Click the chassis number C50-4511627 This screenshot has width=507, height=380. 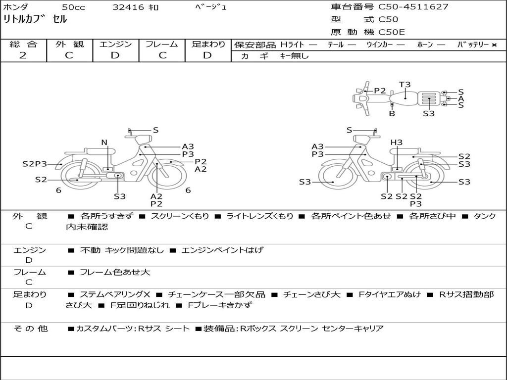[413, 7]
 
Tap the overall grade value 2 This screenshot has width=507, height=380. [23, 55]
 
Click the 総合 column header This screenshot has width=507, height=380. [23, 44]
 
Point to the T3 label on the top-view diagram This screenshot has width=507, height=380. [405, 85]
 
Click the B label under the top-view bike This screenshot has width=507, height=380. [392, 113]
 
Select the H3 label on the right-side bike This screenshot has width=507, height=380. [397, 142]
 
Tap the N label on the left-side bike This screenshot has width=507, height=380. [104, 142]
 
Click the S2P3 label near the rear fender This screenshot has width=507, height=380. [35, 164]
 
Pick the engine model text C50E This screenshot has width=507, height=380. [391, 32]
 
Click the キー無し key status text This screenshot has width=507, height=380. [294, 56]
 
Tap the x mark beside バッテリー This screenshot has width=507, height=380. [494, 45]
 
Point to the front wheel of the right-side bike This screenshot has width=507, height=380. [335, 176]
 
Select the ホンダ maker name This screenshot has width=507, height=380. [15, 7]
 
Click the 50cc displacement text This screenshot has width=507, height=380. [73, 7]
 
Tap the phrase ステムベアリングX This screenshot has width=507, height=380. [115, 294]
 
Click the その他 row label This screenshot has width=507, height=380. [31, 329]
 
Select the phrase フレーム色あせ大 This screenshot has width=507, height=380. [115, 273]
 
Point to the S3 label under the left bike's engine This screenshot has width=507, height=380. [120, 196]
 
